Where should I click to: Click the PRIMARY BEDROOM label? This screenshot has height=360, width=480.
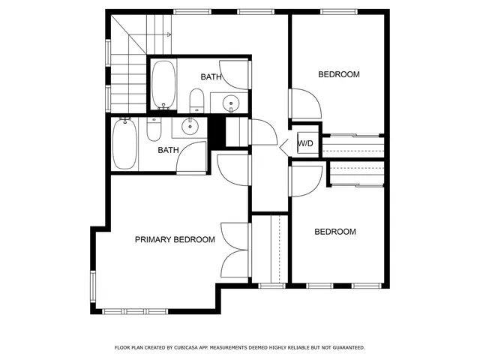175,240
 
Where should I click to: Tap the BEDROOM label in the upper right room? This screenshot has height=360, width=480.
339,74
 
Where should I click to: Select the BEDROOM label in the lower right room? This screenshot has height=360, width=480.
334,232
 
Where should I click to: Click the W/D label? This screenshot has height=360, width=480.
305,143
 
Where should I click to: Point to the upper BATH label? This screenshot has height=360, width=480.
211,76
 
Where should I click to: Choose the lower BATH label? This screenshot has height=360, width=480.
168,150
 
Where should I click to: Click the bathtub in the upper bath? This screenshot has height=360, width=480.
163,84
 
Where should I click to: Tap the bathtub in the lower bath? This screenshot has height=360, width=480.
124,145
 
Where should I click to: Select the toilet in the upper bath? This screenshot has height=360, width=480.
196,99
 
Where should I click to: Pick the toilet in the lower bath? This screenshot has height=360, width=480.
154,129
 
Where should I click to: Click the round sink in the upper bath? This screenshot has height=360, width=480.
231,103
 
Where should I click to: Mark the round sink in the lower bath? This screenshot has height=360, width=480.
192,127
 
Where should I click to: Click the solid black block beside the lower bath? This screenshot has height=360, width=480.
217,133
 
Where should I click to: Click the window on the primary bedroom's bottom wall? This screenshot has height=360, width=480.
124,310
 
